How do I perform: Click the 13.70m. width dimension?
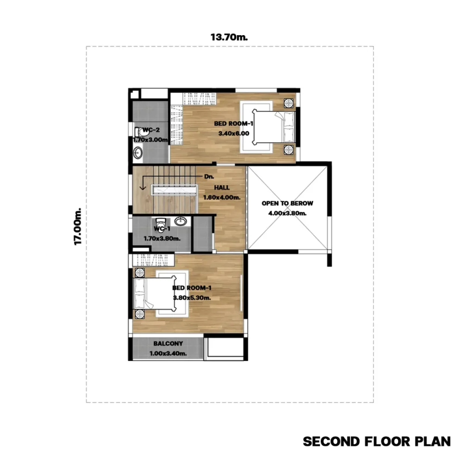click(x=229, y=37)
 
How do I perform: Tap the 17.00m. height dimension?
click(x=78, y=226)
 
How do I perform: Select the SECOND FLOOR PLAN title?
click(x=377, y=441)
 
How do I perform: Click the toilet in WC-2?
click(x=140, y=132)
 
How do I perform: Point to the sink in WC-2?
click(x=138, y=153)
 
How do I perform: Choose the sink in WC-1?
click(x=181, y=221)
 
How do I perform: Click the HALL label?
click(x=222, y=187)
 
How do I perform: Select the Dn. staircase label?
click(x=209, y=176)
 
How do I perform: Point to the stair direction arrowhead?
click(x=143, y=188)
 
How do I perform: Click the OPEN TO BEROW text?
click(x=287, y=203)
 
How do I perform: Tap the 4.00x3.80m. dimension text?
click(x=287, y=213)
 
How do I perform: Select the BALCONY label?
click(x=168, y=343)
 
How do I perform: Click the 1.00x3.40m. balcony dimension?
click(x=168, y=353)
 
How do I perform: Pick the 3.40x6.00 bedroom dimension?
click(x=234, y=133)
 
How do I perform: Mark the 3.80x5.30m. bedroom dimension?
click(x=192, y=298)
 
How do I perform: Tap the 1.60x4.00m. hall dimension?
click(x=222, y=197)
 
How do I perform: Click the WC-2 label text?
click(x=151, y=130)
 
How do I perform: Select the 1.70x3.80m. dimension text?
click(x=162, y=238)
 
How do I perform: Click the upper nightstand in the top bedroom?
click(x=289, y=103)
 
